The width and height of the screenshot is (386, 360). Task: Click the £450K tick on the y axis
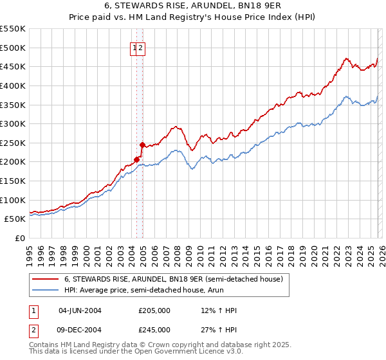pyautogui.click(x=13, y=66)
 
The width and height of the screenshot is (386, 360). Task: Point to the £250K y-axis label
pyautogui.click(x=13, y=143)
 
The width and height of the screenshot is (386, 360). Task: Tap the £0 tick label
pyautogui.click(x=20, y=238)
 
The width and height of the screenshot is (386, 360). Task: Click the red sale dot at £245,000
pyautogui.click(x=142, y=145)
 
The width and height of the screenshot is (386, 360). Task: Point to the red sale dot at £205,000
pyautogui.click(x=136, y=159)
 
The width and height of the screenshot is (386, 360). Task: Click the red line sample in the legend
pyautogui.click(x=46, y=279)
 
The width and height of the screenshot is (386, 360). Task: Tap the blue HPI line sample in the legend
pyautogui.click(x=46, y=291)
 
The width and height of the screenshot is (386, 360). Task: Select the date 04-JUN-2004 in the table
pyautogui.click(x=80, y=310)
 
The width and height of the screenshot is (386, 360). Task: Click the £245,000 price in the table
pyautogui.click(x=154, y=330)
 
